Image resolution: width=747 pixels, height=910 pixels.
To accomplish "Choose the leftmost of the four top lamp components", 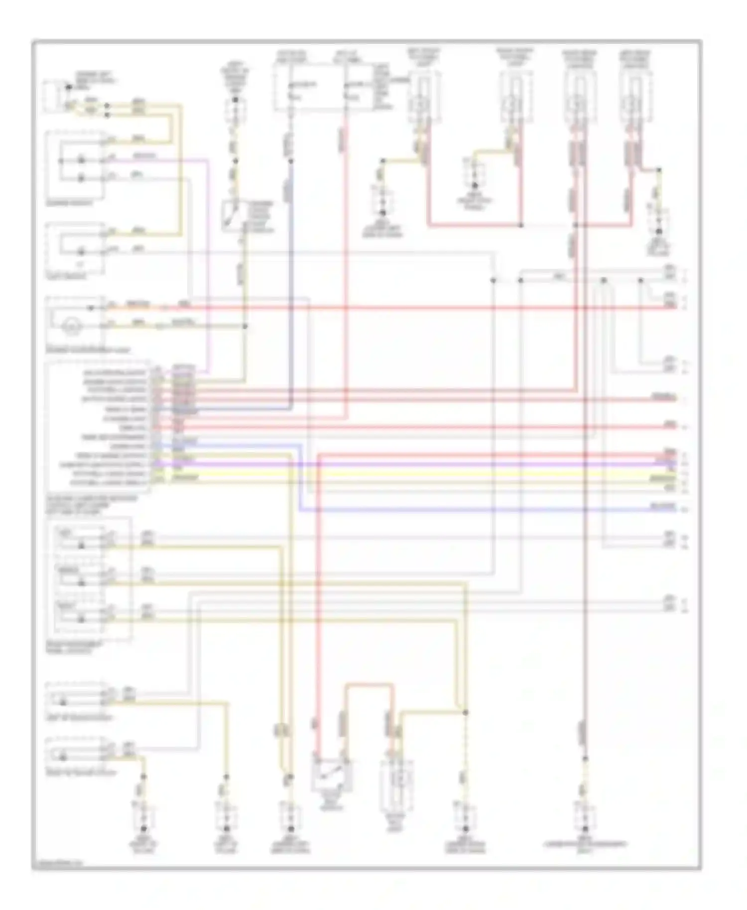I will pyautogui.click(x=423, y=97).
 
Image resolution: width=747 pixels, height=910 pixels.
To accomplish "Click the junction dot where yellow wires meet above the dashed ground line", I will pyautogui.click(x=466, y=713).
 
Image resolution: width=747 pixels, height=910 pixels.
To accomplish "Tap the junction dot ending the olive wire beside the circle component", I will pyautogui.click(x=245, y=327).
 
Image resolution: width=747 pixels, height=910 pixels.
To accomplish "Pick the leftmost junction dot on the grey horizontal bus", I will pyautogui.click(x=493, y=281).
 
